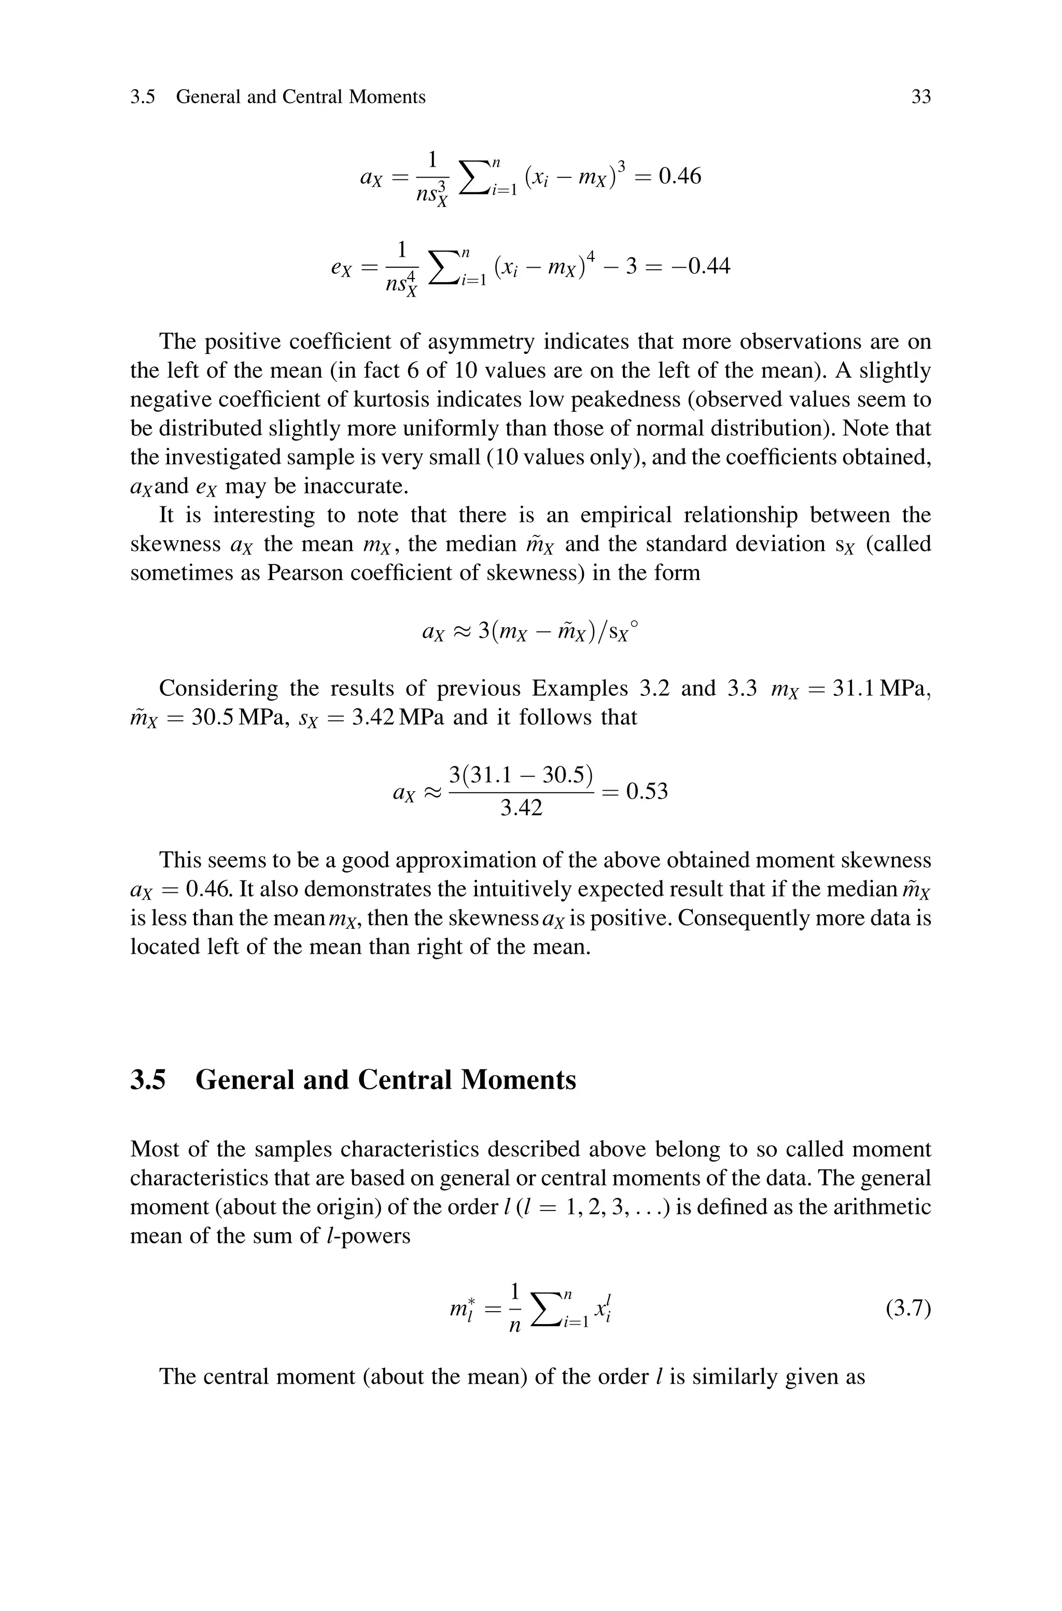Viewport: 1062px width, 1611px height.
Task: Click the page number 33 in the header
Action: coord(920,97)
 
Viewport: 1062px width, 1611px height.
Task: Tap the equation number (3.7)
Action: coord(907,1308)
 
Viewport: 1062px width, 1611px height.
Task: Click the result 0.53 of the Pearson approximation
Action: coord(647,791)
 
